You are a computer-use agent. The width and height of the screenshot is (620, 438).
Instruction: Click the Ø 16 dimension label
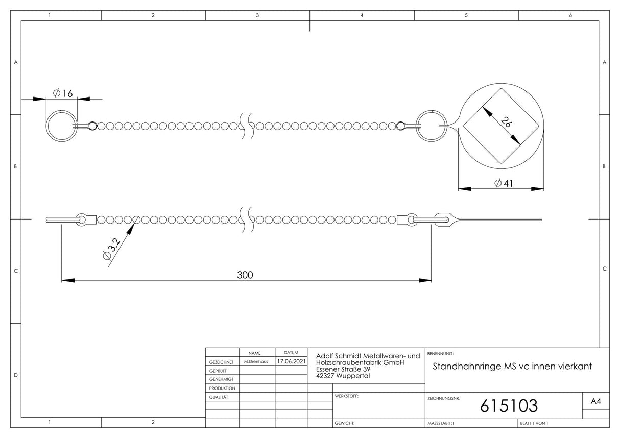click(63, 93)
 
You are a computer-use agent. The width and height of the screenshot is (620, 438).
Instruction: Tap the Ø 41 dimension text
click(504, 183)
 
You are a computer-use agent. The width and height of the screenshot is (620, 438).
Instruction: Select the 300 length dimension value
click(245, 275)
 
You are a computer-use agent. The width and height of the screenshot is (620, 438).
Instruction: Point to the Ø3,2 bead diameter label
click(111, 249)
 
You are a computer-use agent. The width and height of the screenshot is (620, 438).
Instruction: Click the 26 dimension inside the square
click(506, 122)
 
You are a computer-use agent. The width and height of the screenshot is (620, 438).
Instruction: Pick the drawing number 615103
click(509, 406)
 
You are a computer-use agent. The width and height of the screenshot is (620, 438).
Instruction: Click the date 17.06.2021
click(291, 361)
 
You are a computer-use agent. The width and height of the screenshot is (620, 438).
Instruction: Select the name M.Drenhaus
click(256, 361)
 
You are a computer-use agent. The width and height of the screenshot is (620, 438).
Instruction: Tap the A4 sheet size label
click(596, 401)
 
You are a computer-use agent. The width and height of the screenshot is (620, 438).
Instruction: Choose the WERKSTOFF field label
click(347, 396)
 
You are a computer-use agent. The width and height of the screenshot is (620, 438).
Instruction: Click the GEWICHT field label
click(345, 423)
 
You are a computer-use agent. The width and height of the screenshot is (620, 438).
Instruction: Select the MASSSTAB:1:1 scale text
click(441, 423)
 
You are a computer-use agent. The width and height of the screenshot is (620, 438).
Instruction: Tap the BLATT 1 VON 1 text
click(534, 423)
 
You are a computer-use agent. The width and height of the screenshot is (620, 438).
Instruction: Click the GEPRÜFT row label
click(218, 371)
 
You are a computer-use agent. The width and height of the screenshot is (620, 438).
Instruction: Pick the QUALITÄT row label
click(219, 397)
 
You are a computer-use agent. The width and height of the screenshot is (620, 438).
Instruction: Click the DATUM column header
click(291, 353)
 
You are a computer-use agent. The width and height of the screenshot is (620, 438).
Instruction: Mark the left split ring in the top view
click(46, 126)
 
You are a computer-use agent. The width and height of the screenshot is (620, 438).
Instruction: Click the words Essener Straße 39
click(343, 369)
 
